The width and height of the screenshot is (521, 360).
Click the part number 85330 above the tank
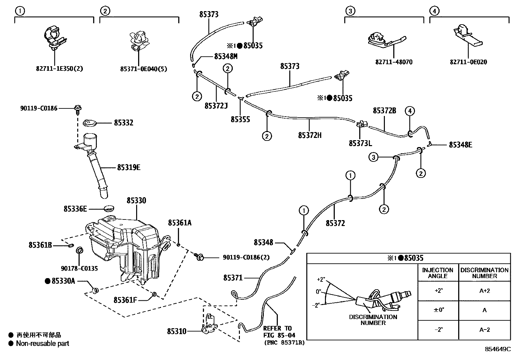[x=136, y=200]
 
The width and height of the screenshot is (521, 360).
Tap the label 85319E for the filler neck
[x=129, y=167]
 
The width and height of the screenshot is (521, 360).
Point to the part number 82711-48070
[x=394, y=62]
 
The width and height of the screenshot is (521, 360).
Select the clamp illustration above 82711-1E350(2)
[x=54, y=37]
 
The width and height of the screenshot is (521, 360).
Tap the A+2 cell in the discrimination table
[x=484, y=291]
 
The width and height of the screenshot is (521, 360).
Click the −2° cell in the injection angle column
[x=438, y=330]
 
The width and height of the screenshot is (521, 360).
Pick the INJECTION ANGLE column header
[x=438, y=273]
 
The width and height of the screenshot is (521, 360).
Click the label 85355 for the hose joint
[x=240, y=120]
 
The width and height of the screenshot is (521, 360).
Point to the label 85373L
[x=360, y=143]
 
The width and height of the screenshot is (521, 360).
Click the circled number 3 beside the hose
[x=373, y=157]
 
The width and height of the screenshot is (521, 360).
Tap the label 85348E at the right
[x=460, y=144]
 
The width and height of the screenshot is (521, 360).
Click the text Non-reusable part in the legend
[x=43, y=344]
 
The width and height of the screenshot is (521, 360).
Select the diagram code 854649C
[x=498, y=349]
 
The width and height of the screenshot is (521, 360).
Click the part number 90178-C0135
[x=79, y=269]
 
